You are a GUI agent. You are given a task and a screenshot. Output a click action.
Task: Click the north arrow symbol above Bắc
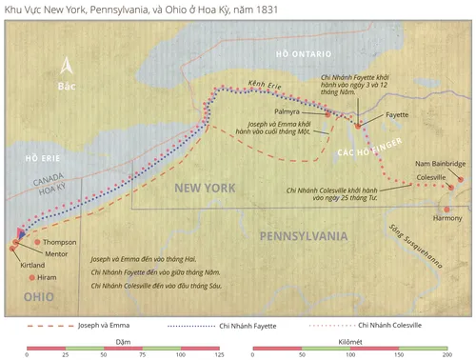tap(66, 67)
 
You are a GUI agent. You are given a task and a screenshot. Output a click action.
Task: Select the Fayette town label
tap(396, 114)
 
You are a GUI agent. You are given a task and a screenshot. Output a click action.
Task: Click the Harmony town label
tap(447, 218)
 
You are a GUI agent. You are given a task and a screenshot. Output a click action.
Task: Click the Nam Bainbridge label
tap(442, 164)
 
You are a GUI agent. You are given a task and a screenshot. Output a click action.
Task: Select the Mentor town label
tap(56, 253)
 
